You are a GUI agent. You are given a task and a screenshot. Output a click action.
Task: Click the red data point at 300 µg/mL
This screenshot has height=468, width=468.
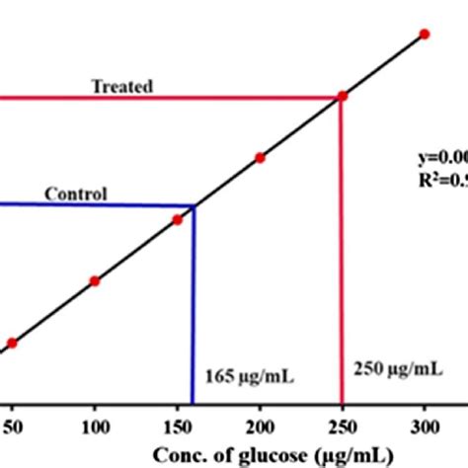pyautogui.click(x=425, y=34)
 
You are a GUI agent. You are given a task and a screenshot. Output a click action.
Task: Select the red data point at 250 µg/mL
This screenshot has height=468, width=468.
pyautogui.click(x=343, y=96)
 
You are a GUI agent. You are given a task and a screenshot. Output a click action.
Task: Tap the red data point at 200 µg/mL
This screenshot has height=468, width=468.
pyautogui.click(x=260, y=157)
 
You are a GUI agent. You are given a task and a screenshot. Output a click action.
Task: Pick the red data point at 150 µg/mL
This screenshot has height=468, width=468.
pyautogui.click(x=178, y=219)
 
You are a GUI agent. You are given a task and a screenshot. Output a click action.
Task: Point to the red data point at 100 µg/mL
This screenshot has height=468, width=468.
pyautogui.click(x=95, y=281)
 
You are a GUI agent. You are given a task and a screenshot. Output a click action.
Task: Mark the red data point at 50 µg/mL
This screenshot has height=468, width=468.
pyautogui.click(x=13, y=343)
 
